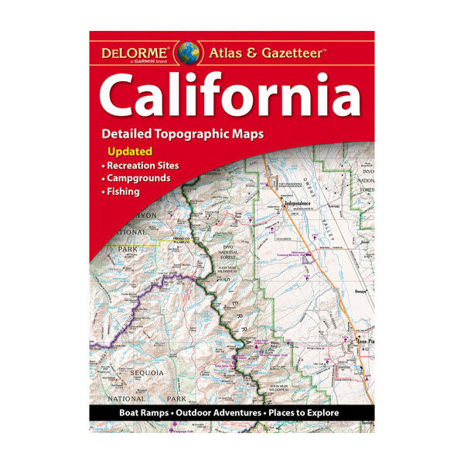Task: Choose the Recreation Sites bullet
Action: click(x=141, y=165)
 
